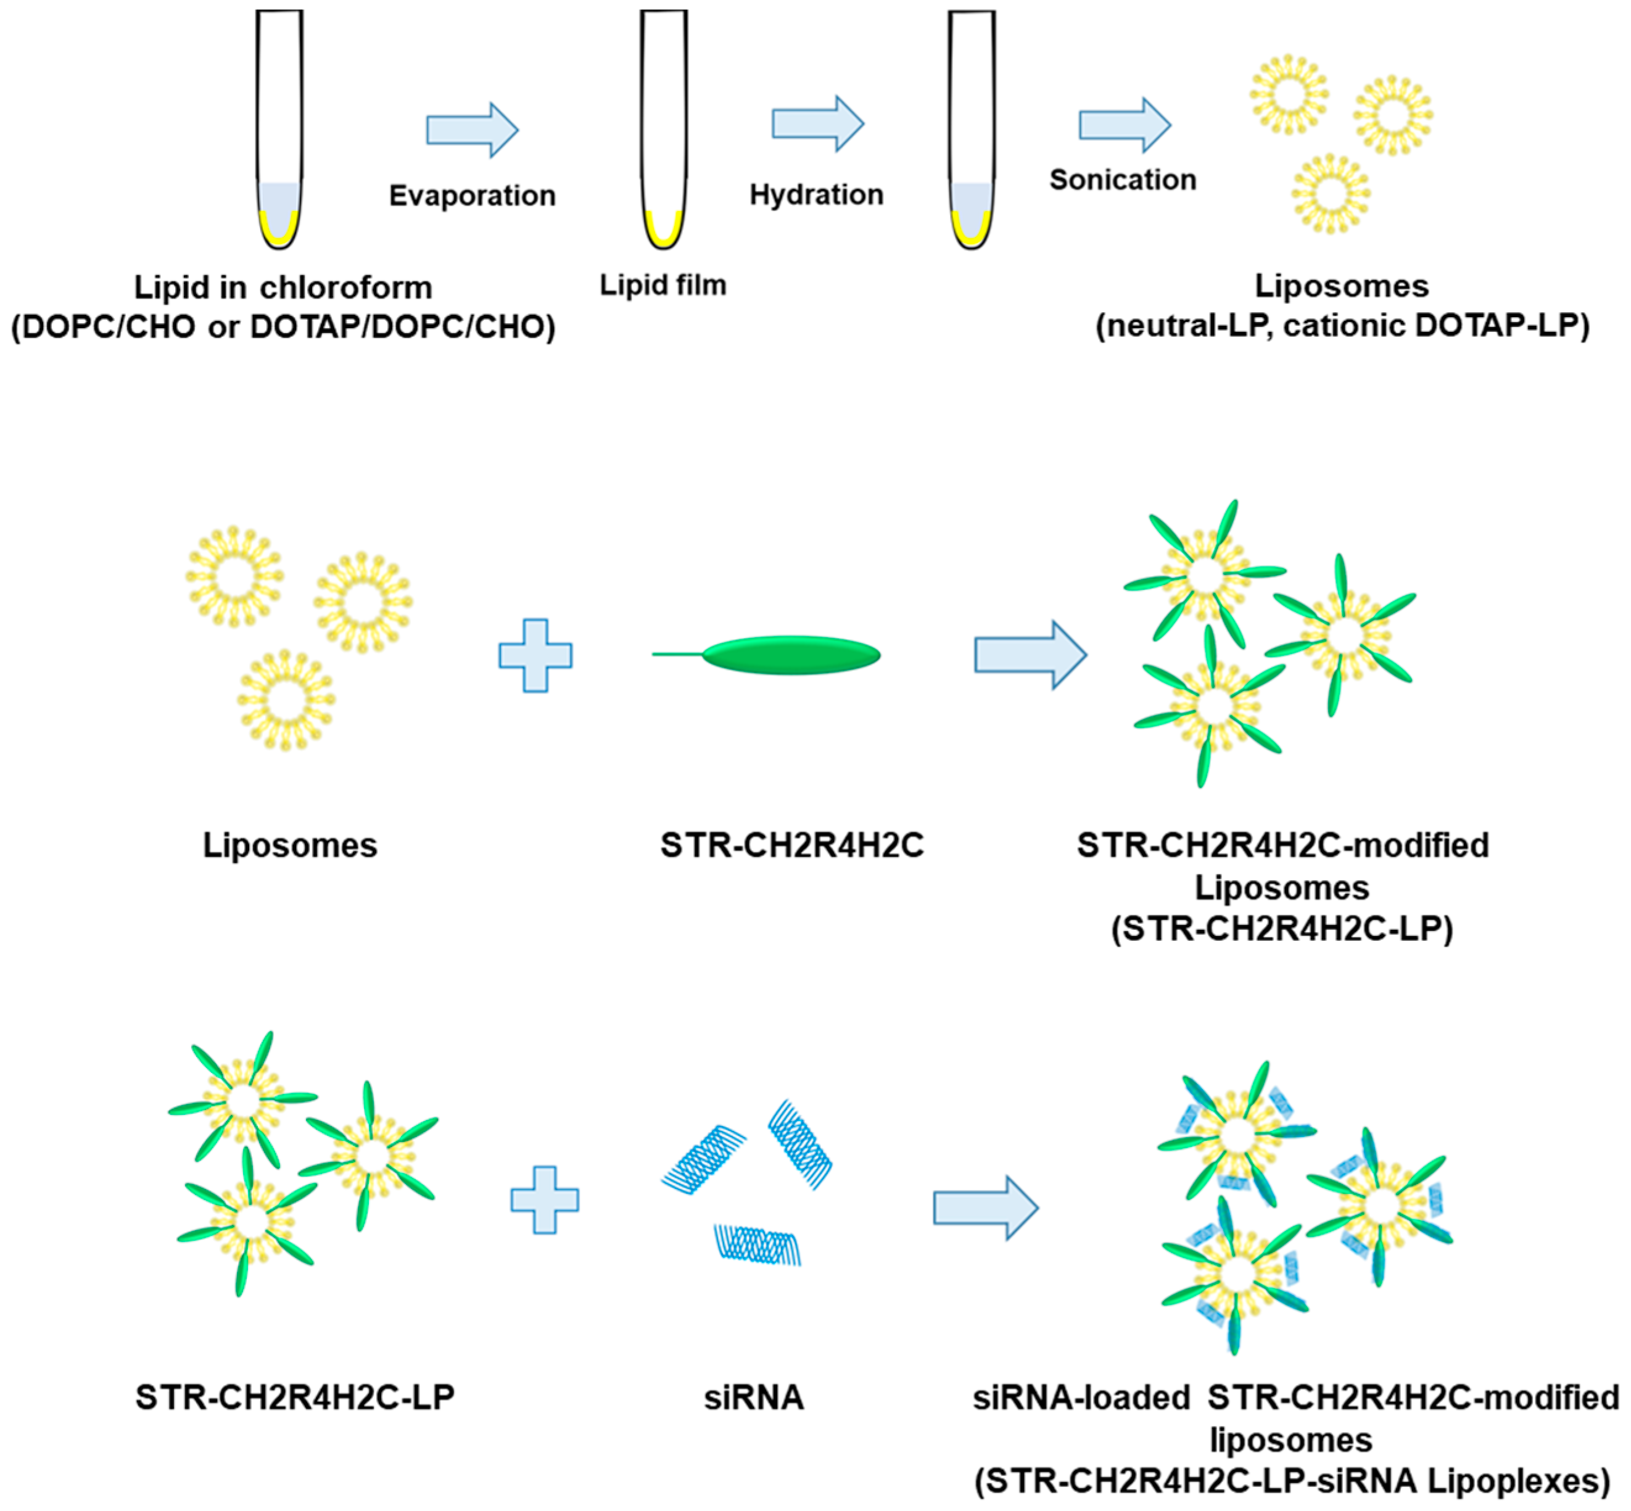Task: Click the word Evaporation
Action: click(x=472, y=196)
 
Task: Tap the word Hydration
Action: click(x=816, y=194)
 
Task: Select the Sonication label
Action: click(x=1123, y=180)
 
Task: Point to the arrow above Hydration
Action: click(x=817, y=123)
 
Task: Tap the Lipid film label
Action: click(x=663, y=286)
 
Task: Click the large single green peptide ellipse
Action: click(x=791, y=655)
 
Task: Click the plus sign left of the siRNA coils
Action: click(x=545, y=1199)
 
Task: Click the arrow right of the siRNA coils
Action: click(x=985, y=1207)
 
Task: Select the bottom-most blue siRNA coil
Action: click(x=758, y=1244)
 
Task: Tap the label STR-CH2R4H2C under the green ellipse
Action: click(x=791, y=845)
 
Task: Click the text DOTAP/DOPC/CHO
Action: click(x=402, y=327)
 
